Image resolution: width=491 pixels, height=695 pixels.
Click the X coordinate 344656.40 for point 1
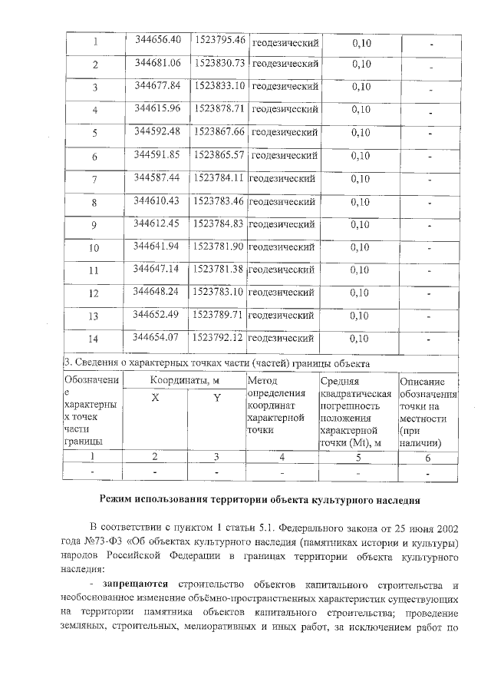point(157,40)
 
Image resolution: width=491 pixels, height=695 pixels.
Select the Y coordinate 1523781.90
point(219,247)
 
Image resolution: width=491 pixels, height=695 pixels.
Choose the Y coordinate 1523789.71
point(219,315)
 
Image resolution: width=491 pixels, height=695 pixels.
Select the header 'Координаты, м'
point(185,380)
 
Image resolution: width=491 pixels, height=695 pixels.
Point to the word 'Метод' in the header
point(263,380)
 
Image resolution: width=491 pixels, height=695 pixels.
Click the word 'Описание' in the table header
point(422,381)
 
